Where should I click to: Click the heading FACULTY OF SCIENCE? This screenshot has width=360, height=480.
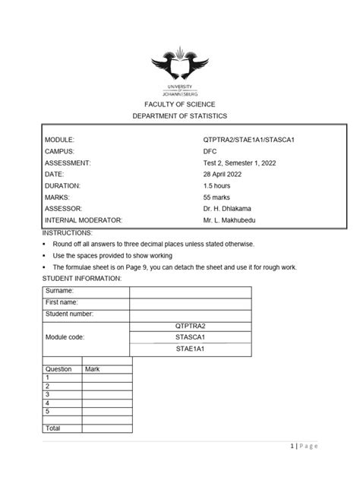180,103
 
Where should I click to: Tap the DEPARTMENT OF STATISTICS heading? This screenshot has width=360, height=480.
180,115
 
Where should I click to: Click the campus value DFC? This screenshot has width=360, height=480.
200,151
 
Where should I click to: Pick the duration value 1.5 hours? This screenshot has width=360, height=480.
212,185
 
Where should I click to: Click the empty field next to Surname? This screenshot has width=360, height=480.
190,291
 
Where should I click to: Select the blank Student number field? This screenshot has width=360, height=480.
190,313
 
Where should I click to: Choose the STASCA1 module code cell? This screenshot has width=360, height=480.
190,336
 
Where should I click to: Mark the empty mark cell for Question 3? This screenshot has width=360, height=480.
106,394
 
